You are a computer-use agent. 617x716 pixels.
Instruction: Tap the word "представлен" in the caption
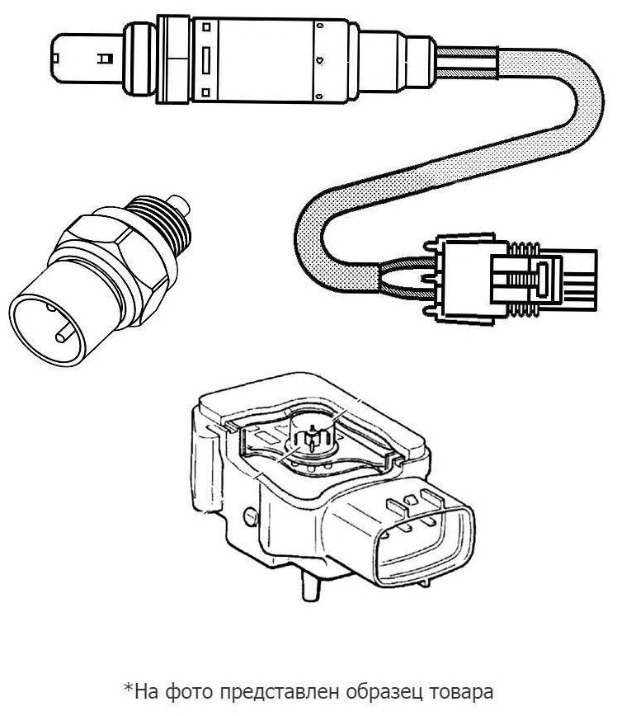point(279,692)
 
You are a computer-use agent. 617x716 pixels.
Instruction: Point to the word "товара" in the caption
point(460,693)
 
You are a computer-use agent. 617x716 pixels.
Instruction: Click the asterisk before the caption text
point(129,687)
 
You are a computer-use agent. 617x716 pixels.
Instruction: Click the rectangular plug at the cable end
point(516,279)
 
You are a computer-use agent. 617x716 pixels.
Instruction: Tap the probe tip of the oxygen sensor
point(87,58)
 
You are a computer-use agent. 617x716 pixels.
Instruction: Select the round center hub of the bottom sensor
point(313,434)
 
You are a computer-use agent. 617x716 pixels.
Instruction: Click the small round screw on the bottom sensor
point(251,516)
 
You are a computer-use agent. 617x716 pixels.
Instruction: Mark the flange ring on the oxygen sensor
point(173,59)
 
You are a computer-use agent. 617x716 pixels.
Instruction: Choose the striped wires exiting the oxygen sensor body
point(467,62)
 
